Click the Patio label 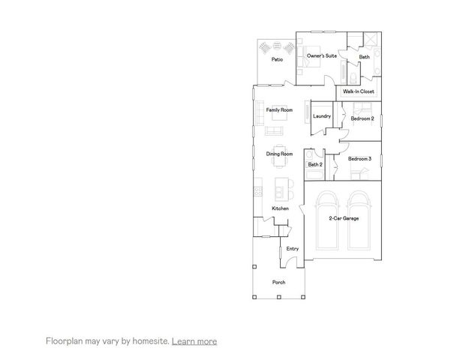coord(277,59)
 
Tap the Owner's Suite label coord(320,56)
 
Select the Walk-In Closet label coord(359,91)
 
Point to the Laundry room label coord(322,116)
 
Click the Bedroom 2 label coord(362,118)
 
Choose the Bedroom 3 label coord(359,158)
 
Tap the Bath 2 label coord(315,164)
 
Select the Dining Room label coord(279,154)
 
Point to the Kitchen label coord(280,208)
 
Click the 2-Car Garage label coord(343,218)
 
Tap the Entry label coord(293,248)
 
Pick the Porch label coord(278,282)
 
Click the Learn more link coord(194,341)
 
